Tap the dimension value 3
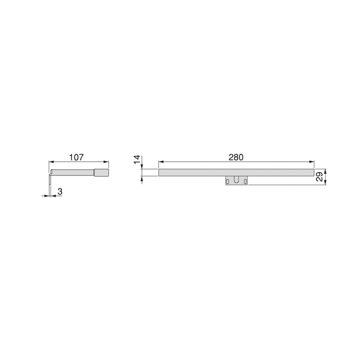pos(60,191)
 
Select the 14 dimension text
pos(137,160)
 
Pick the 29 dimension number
pos(319,177)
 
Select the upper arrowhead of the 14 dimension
pos(142,168)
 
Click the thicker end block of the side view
pos(101,173)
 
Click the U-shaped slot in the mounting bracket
pos(236,180)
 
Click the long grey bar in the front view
pos(236,173)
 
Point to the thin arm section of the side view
pos(72,173)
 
